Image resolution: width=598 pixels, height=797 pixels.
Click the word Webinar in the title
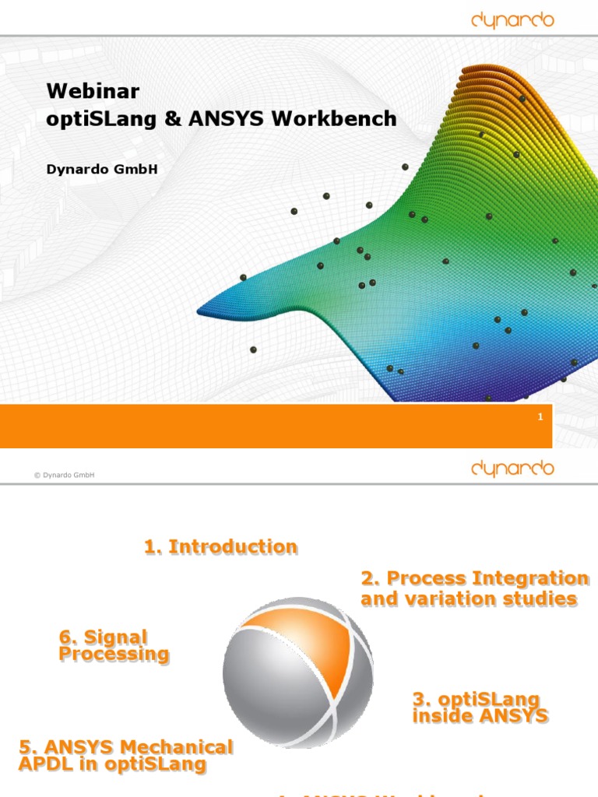93,91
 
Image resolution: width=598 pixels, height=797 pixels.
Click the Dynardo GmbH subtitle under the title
102,168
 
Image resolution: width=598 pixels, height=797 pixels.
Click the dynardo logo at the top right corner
512,20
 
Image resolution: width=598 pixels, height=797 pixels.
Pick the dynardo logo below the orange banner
512,468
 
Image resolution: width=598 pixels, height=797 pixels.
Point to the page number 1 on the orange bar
540,418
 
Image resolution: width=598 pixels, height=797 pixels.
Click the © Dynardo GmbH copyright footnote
65,475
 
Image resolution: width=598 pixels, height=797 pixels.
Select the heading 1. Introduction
220,547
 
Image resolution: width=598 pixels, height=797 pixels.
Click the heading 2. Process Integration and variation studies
473,588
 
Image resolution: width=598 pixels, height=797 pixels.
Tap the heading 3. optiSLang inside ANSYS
480,707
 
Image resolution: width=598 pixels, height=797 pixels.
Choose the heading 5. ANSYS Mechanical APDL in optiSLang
125,756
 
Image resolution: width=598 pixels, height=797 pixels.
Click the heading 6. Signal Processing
114,646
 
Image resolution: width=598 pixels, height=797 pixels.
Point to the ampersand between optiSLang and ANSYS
177,119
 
